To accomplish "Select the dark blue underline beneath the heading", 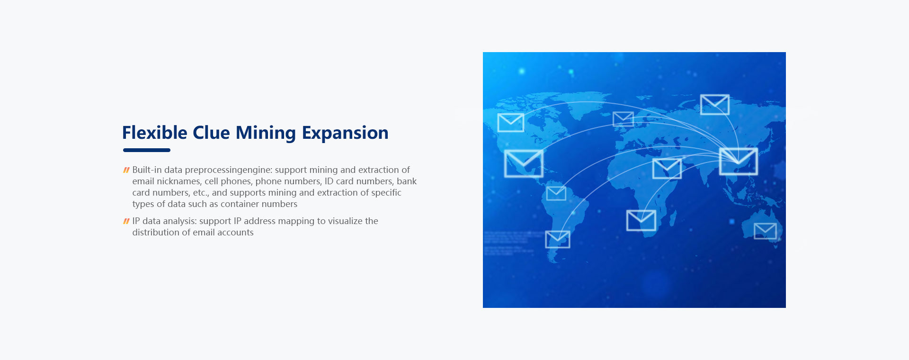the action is click(x=147, y=150).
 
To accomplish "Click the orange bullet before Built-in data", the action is click(x=126, y=170).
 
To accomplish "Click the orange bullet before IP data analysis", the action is click(x=126, y=221).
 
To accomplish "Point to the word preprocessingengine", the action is click(x=229, y=170).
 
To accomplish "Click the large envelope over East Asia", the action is click(x=738, y=162).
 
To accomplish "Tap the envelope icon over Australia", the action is click(x=765, y=231).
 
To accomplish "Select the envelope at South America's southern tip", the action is click(x=558, y=239).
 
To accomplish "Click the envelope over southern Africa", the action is click(x=641, y=220).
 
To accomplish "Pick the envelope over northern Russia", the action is click(x=715, y=105).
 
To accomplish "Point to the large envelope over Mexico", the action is click(x=524, y=163).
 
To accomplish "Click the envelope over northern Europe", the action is click(x=623, y=119).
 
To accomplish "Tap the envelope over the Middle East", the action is click(x=667, y=169).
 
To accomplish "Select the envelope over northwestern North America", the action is click(x=511, y=123).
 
